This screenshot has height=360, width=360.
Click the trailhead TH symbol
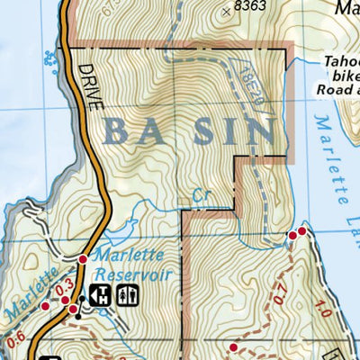pyautogui.click(x=100, y=294)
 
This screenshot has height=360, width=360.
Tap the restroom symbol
pyautogui.click(x=127, y=294)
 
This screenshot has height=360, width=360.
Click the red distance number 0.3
pyautogui.click(x=64, y=290)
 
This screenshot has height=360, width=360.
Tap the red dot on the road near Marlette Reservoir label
pyautogui.click(x=83, y=259)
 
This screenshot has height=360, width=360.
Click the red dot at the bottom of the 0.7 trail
pyautogui.click(x=233, y=346)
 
